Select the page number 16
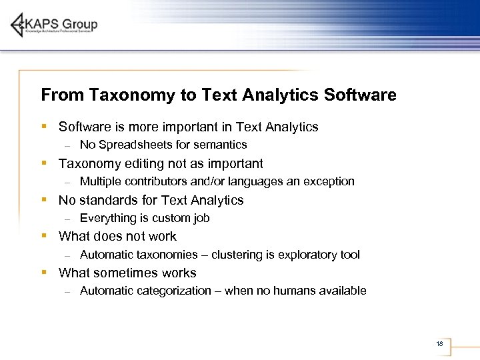pyautogui.click(x=439, y=344)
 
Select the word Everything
pyautogui.click(x=107, y=218)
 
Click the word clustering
pyautogui.click(x=236, y=255)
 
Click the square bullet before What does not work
pyautogui.click(x=43, y=236)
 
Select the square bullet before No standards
pyautogui.click(x=43, y=199)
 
